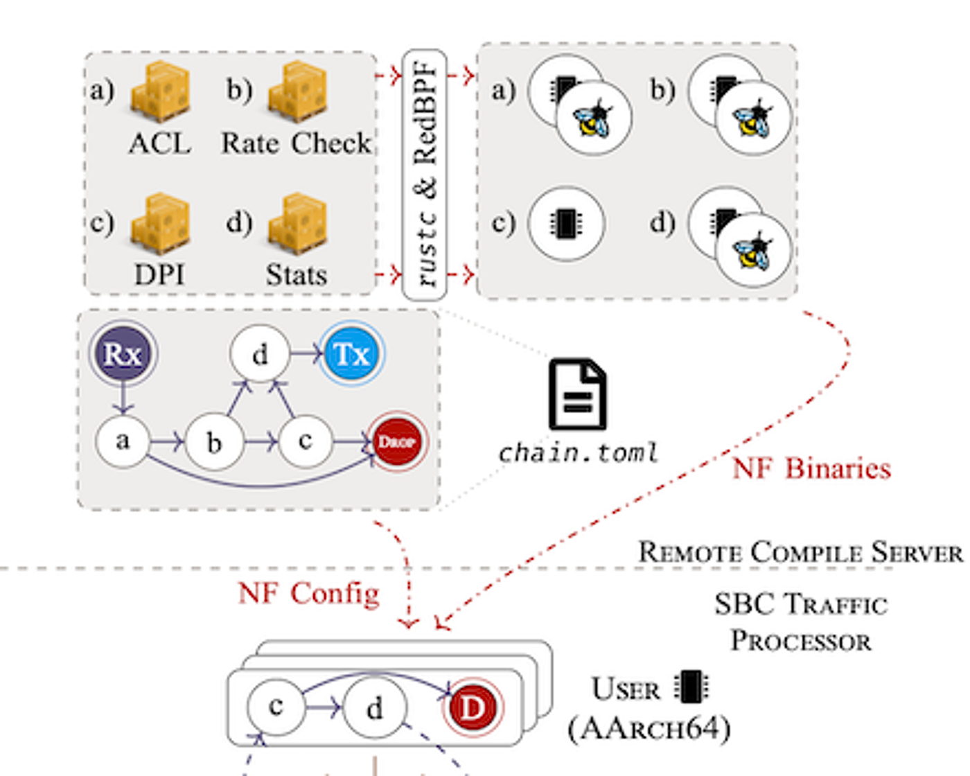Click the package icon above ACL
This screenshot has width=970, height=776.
(x=161, y=91)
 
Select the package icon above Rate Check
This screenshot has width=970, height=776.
(x=298, y=91)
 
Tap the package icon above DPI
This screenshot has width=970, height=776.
(x=161, y=223)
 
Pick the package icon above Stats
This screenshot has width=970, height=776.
(x=298, y=223)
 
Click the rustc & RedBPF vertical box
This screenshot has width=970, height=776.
(x=425, y=175)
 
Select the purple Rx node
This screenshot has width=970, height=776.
(x=123, y=353)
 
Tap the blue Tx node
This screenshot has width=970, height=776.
(x=352, y=353)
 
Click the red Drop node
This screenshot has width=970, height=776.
(x=397, y=441)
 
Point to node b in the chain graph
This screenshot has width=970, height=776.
(x=214, y=441)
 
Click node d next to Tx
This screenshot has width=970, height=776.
(x=260, y=353)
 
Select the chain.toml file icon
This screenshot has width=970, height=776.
(x=578, y=395)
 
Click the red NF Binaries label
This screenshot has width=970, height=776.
(x=811, y=469)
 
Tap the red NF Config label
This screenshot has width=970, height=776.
(x=308, y=593)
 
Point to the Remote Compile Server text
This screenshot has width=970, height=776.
(x=800, y=552)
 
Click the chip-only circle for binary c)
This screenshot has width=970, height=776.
(x=566, y=223)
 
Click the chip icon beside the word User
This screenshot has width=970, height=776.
(x=691, y=687)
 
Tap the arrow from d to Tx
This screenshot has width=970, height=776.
(x=306, y=353)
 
